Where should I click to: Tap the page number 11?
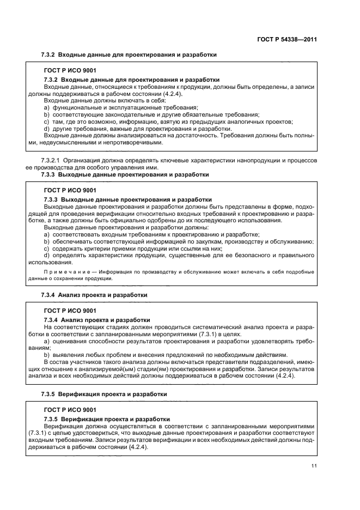pyautogui.click(x=314, y=465)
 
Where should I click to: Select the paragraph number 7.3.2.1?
pyautogui.click(x=51, y=160)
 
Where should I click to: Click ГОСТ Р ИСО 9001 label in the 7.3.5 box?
pyautogui.click(x=70, y=410)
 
